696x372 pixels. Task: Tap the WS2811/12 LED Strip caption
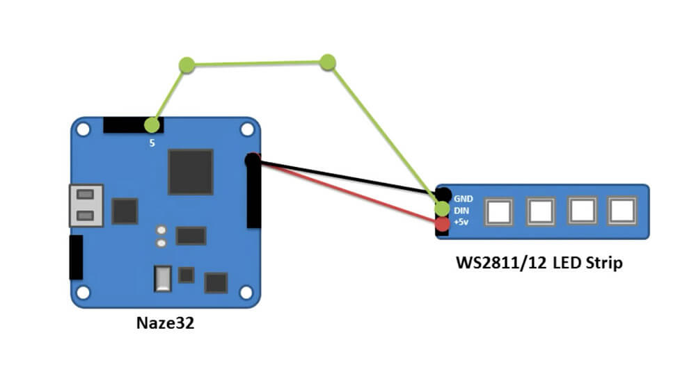539,264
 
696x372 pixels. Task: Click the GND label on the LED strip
464,198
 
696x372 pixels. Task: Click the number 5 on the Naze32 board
152,143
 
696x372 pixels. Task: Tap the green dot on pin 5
152,125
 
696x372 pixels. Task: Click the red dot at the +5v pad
442,225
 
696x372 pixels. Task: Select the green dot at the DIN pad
442,208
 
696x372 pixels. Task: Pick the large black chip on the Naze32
190,172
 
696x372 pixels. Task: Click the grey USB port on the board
86,205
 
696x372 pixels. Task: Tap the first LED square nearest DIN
499,211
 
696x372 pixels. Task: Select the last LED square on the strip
622,210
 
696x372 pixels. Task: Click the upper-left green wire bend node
186,65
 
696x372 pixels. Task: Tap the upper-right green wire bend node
328,62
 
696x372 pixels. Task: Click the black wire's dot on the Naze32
252,160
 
